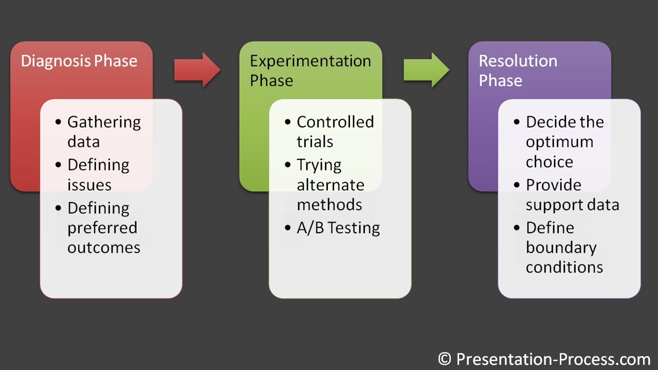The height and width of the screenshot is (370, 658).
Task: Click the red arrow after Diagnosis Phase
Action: [197, 69]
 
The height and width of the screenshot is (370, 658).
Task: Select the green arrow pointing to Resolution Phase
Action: [426, 69]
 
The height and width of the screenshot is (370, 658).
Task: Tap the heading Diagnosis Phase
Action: [79, 61]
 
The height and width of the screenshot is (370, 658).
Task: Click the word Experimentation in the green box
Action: [310, 61]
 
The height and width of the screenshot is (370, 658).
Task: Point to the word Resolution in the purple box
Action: [518, 61]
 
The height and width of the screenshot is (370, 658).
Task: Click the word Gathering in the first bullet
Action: [104, 122]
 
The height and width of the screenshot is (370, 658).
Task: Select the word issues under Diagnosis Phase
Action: [89, 184]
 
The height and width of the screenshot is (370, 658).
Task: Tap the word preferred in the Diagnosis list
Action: [102, 228]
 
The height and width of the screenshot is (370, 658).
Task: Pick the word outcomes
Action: [103, 248]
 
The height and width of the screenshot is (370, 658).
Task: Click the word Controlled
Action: [335, 122]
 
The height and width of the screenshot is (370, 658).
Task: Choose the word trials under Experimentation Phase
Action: [315, 142]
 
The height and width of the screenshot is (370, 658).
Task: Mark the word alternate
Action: [330, 184]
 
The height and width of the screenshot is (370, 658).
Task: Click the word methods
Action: [329, 205]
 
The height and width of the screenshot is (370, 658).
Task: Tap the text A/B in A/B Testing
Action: [310, 228]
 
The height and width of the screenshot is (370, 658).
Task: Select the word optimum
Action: [559, 142]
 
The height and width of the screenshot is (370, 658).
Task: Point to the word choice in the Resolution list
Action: [549, 162]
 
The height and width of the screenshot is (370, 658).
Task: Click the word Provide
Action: [553, 184]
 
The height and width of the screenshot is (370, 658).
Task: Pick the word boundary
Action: [561, 248]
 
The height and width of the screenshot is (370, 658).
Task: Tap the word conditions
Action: [564, 267]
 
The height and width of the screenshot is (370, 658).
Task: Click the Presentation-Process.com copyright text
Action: [544, 359]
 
